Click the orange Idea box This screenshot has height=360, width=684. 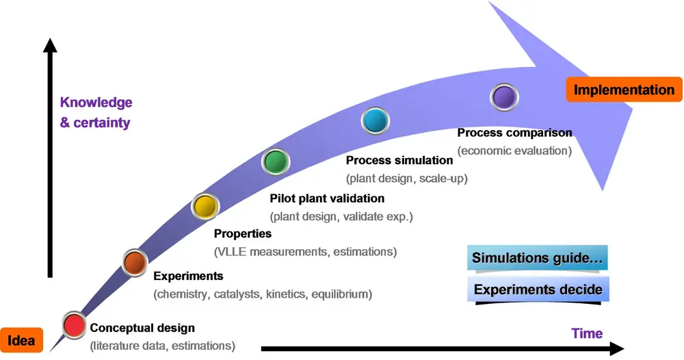click(22, 340)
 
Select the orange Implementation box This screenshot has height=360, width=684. click(623, 90)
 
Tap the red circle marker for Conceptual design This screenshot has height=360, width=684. click(74, 324)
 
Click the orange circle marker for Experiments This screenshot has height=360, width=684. click(135, 260)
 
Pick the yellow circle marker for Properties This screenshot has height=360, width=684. click(205, 205)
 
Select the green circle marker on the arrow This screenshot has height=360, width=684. click(276, 162)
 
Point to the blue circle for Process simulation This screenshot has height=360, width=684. click(376, 121)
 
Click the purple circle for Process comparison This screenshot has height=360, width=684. click(505, 97)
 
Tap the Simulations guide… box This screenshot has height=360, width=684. click(538, 259)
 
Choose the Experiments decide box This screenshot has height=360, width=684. click(538, 290)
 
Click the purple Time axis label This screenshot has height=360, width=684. click(587, 334)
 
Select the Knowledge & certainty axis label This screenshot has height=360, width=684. click(96, 113)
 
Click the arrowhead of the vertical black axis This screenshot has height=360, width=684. click(49, 45)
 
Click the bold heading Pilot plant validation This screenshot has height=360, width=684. click(327, 198)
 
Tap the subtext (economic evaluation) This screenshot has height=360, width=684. click(514, 151)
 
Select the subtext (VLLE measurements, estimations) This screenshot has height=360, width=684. click(305, 252)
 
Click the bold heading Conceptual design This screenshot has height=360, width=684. click(142, 328)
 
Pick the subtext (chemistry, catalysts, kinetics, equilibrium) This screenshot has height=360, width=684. click(263, 294)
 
